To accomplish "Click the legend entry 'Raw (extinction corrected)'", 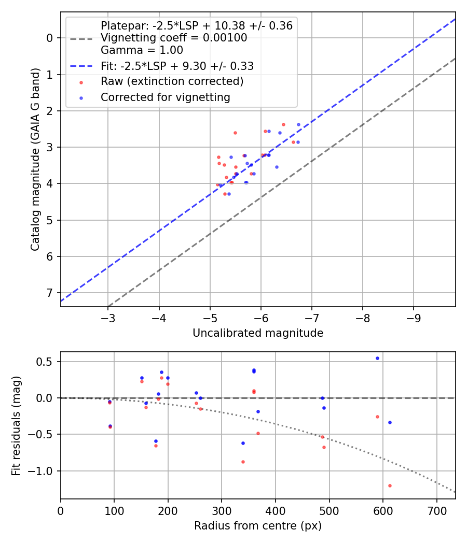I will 172,81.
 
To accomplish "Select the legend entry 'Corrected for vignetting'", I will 165,97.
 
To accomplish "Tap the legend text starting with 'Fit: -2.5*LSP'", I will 177,66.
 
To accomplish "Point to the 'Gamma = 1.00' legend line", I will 142,50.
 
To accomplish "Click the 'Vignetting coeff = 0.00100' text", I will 174,38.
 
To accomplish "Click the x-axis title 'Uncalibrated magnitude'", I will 258,333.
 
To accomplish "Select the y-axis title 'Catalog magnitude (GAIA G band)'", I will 35,159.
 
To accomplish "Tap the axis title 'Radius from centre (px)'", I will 258,526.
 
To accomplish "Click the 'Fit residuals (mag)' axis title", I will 16,426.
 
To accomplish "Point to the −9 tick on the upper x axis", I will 414,317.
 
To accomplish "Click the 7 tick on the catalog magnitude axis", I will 50,293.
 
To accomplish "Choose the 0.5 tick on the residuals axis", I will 47,362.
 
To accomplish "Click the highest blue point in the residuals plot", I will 377,358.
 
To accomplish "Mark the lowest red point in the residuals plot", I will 390,485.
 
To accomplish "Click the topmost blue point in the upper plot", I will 298,124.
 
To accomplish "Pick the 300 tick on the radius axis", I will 222,509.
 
